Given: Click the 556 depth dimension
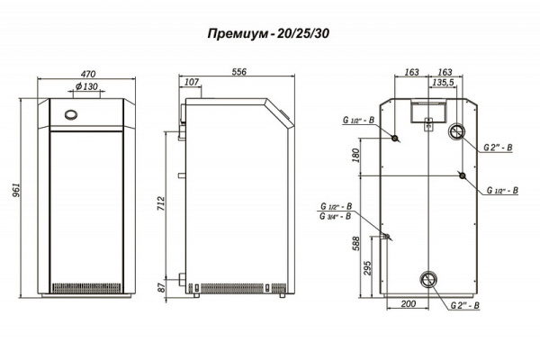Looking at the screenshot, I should pyautogui.click(x=238, y=70).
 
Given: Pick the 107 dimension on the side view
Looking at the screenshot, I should pyautogui.click(x=190, y=82).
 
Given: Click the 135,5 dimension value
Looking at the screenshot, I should pyautogui.click(x=442, y=82).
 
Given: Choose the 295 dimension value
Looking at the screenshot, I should pyautogui.click(x=367, y=267).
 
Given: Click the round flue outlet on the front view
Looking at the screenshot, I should pyautogui.click(x=70, y=115).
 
